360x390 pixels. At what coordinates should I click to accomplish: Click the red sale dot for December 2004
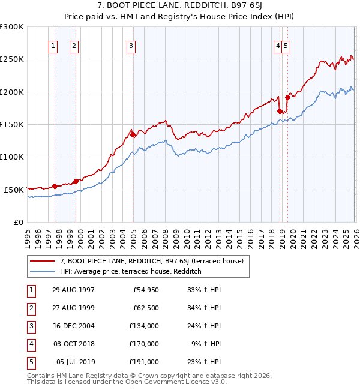[133, 135]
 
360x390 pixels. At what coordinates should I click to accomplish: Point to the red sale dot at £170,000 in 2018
[280, 111]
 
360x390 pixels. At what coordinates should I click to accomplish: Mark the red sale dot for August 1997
[55, 186]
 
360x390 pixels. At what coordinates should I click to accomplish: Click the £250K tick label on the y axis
[12, 59]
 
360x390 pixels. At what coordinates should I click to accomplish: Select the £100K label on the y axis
[12, 157]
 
